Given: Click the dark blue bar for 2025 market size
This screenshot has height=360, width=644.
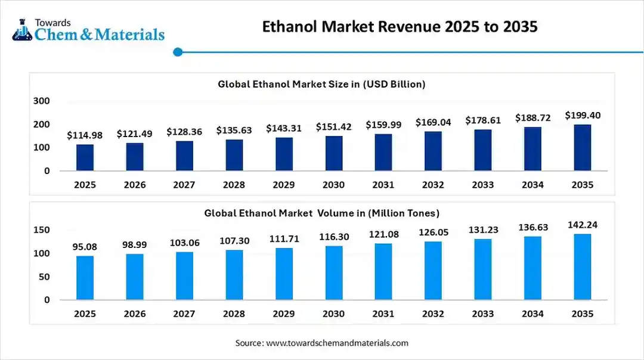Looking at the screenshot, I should point(85,157).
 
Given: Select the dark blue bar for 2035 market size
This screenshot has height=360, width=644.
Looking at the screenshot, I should point(582,147).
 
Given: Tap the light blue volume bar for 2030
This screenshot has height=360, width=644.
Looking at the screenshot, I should point(333,273).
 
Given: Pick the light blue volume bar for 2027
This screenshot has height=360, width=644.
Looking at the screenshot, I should point(184,276).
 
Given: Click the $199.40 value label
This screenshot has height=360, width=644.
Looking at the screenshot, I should point(583,115).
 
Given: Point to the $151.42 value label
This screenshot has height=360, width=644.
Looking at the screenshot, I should point(333,126).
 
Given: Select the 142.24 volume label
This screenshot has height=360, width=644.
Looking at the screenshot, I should point(583,225).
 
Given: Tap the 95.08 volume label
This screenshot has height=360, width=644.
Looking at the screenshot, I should point(85,247).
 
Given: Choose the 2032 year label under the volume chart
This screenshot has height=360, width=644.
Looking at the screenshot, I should point(433,314).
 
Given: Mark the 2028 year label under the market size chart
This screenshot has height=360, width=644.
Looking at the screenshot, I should point(234,185).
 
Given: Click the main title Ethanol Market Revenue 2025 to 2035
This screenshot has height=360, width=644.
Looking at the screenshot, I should point(400,27).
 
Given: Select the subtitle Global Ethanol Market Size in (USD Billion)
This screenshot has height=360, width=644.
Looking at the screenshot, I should point(321,84).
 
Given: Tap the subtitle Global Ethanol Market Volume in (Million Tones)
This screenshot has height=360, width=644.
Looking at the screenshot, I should point(322,213).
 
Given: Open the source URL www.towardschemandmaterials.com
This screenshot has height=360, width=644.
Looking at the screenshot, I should point(337,343).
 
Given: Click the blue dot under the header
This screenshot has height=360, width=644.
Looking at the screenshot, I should point(177,52).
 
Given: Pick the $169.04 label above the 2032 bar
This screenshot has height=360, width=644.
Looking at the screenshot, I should point(433,122).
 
